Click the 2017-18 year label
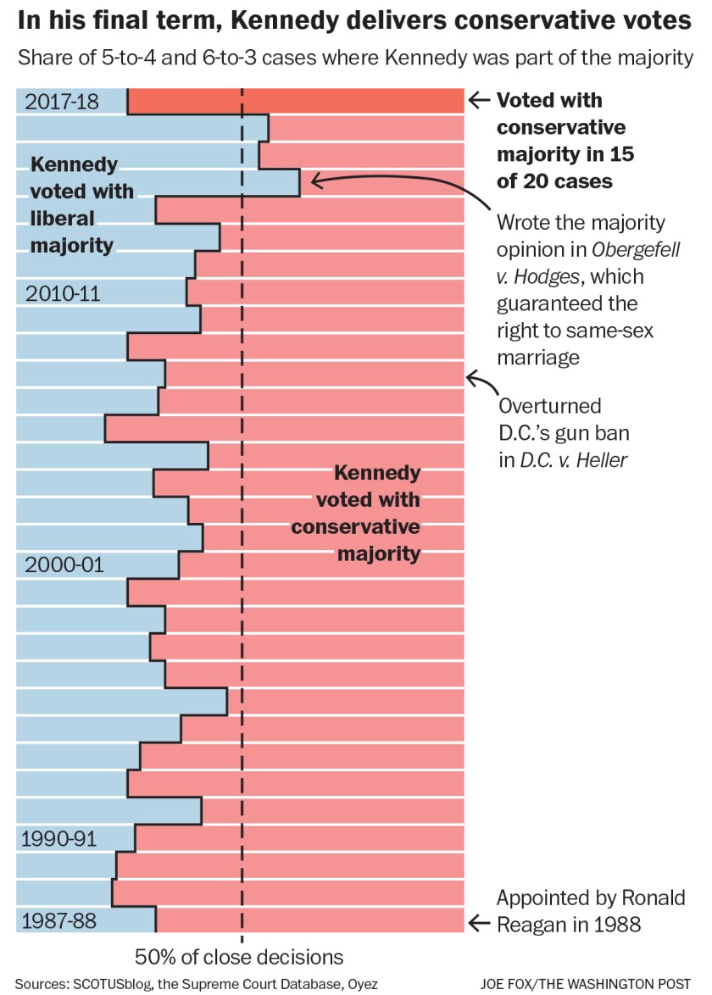coord(62,102)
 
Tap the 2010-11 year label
coord(63,294)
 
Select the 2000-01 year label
coord(64,564)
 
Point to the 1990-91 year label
coord(59,840)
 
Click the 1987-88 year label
coord(61,921)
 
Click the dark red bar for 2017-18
coord(295,101)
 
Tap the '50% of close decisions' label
coord(239,958)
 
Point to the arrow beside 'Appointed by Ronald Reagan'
coord(479,923)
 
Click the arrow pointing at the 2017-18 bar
coord(479,101)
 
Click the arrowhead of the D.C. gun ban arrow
coord(472,377)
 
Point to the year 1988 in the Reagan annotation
coord(616,924)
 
